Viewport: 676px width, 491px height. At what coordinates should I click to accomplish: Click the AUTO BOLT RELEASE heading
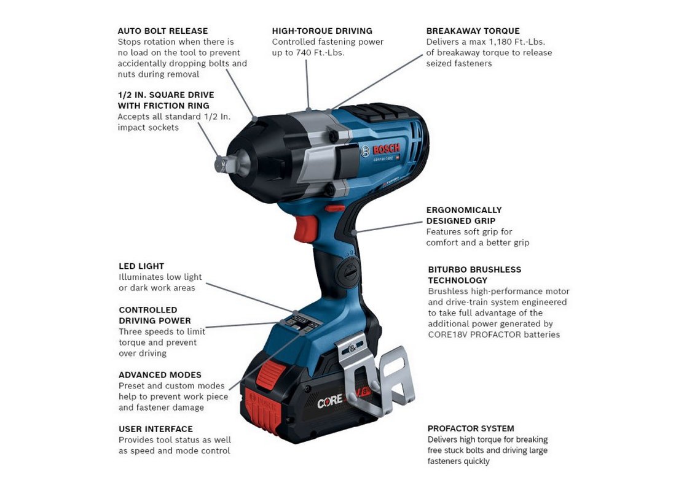click(162, 31)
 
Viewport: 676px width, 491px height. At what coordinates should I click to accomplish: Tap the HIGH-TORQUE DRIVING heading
click(322, 31)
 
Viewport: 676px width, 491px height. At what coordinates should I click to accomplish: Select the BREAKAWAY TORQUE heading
click(473, 31)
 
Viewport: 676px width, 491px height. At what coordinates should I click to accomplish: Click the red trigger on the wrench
click(305, 228)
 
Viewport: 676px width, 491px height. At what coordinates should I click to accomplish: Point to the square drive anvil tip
click(220, 164)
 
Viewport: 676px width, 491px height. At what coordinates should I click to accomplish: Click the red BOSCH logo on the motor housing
click(387, 149)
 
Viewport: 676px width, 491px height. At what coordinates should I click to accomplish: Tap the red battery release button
click(270, 375)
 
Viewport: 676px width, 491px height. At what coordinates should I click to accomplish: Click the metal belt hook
click(374, 375)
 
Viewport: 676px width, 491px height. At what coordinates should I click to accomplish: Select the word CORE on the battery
click(330, 402)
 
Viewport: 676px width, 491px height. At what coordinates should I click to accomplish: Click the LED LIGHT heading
click(141, 266)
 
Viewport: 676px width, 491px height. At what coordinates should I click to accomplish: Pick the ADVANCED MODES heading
click(160, 375)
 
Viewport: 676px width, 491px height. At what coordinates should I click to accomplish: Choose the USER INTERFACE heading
click(155, 429)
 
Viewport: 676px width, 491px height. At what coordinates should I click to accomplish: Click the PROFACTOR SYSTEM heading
click(471, 428)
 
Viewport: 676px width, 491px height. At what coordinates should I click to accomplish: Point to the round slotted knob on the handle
click(347, 272)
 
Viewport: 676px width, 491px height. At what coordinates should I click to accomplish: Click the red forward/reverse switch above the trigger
click(335, 209)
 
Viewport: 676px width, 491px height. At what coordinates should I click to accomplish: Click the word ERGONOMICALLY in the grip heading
click(464, 210)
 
